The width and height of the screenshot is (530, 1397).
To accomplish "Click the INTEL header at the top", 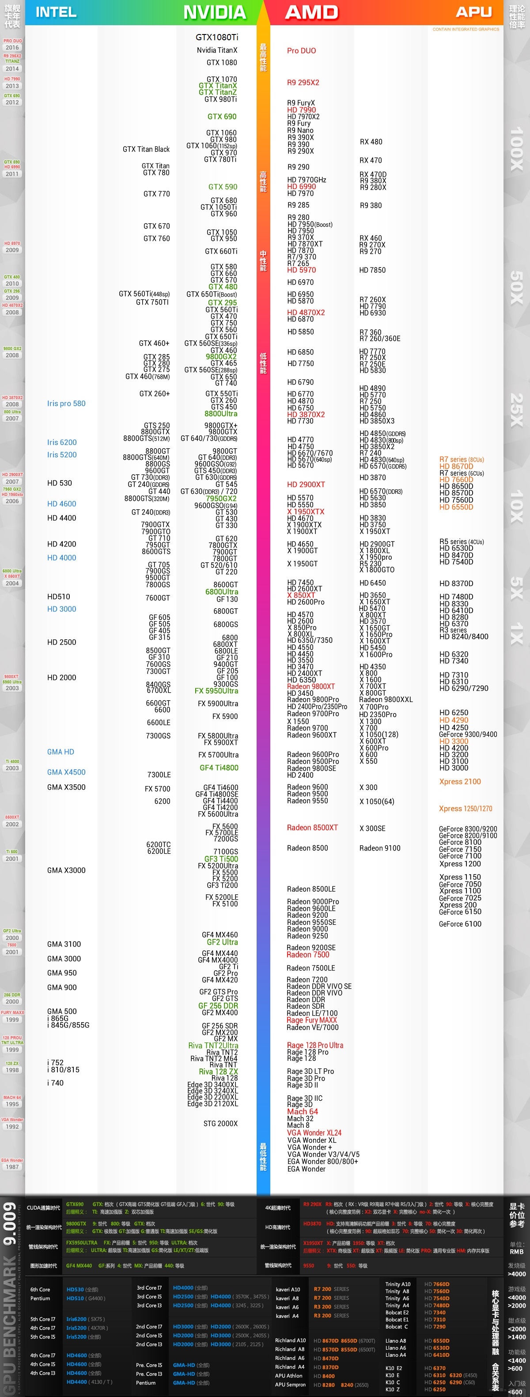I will click(56, 12).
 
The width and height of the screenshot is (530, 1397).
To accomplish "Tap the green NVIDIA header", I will click(215, 12).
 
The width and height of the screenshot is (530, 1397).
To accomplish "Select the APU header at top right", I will click(473, 12).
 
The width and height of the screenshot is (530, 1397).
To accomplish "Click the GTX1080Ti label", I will click(217, 37).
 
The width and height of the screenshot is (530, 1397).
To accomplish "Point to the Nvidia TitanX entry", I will click(217, 50).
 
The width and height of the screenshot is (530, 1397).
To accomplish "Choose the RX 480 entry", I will click(371, 141).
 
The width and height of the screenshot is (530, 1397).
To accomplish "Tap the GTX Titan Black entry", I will click(146, 149).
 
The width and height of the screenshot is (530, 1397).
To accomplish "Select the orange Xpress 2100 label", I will click(459, 782).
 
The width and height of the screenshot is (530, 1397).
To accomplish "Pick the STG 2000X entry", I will click(220, 1123).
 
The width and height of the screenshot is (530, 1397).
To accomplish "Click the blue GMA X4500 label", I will click(66, 772).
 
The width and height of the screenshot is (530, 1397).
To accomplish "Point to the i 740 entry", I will click(55, 1083).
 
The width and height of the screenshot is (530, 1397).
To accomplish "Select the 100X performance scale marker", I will click(516, 149).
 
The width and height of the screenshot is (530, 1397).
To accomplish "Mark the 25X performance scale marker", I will click(516, 409).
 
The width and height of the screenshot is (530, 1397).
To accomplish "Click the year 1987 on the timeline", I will click(12, 1167).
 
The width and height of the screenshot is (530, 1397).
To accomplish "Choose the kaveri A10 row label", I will click(288, 1289).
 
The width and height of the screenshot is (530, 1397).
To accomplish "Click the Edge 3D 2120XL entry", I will click(212, 1103).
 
